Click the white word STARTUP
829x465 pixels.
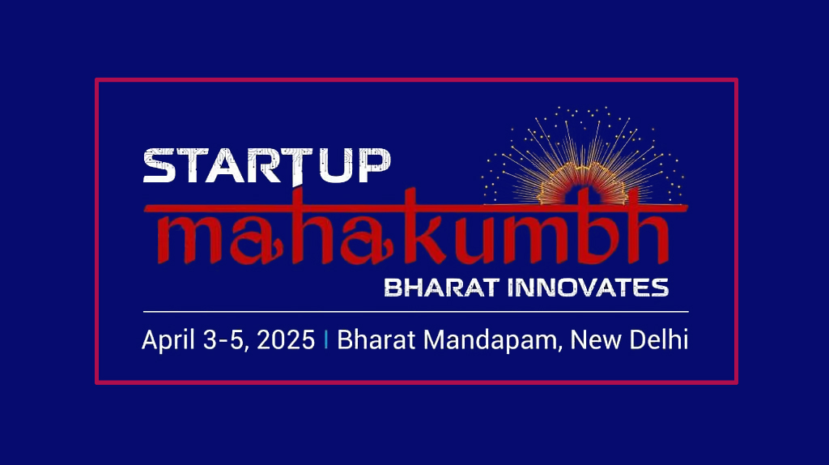267,165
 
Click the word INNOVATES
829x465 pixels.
588,288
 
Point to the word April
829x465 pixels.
168,340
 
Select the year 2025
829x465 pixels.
286,339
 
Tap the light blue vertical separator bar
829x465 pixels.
325,339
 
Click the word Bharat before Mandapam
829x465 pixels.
376,339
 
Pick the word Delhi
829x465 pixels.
659,339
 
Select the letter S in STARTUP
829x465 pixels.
159,165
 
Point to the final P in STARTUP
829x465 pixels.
374,165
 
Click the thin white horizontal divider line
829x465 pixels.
415,312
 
